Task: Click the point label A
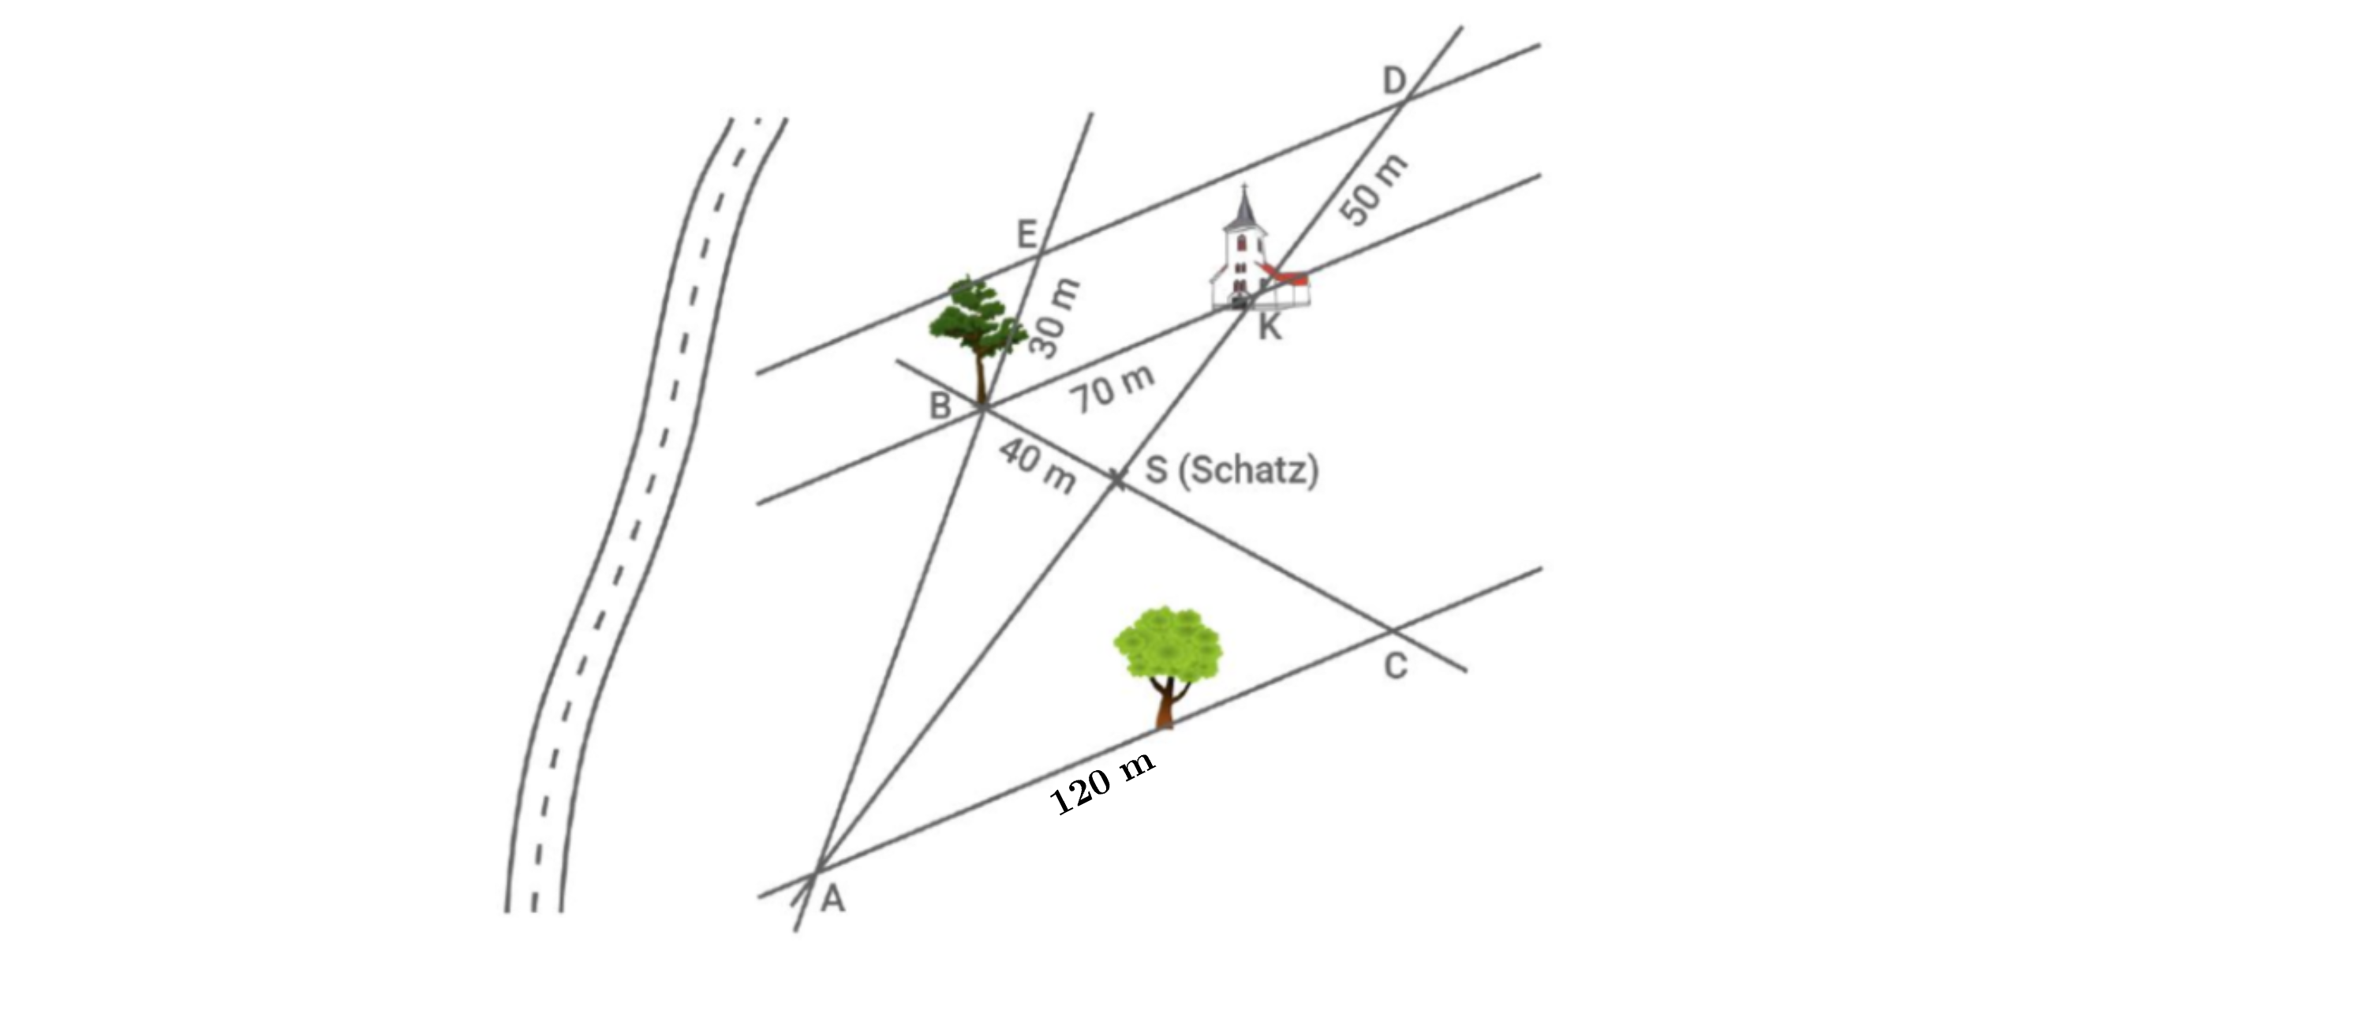832,898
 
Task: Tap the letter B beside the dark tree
939,406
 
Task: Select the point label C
1395,667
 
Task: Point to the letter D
1395,81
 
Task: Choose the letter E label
1026,234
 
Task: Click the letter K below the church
1269,327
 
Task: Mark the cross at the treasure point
1117,479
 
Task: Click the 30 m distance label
1054,317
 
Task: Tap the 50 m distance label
1373,189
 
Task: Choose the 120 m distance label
1101,784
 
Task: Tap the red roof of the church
1284,274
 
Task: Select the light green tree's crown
1168,645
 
